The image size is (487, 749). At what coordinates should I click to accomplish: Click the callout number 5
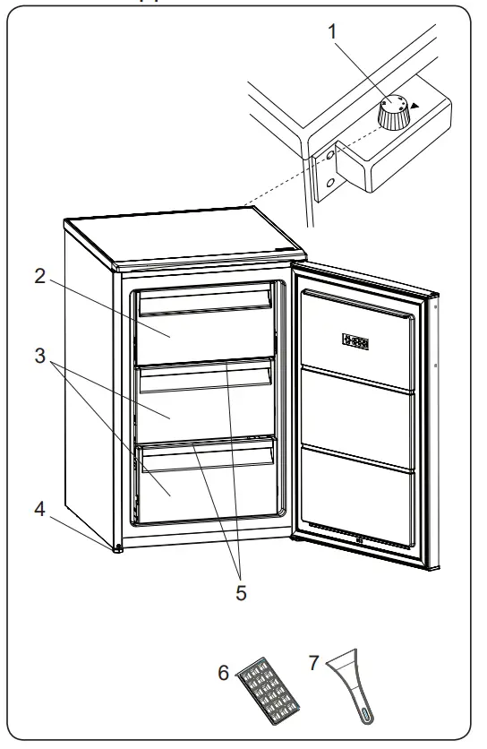tap(241, 592)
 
